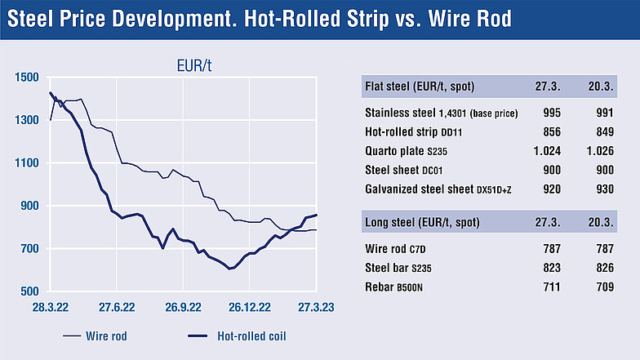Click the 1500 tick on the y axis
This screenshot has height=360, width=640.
point(27,78)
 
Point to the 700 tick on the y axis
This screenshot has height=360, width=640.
point(29,248)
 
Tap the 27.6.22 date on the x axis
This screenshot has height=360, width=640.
point(117,307)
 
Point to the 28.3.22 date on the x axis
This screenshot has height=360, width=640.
point(51,307)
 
